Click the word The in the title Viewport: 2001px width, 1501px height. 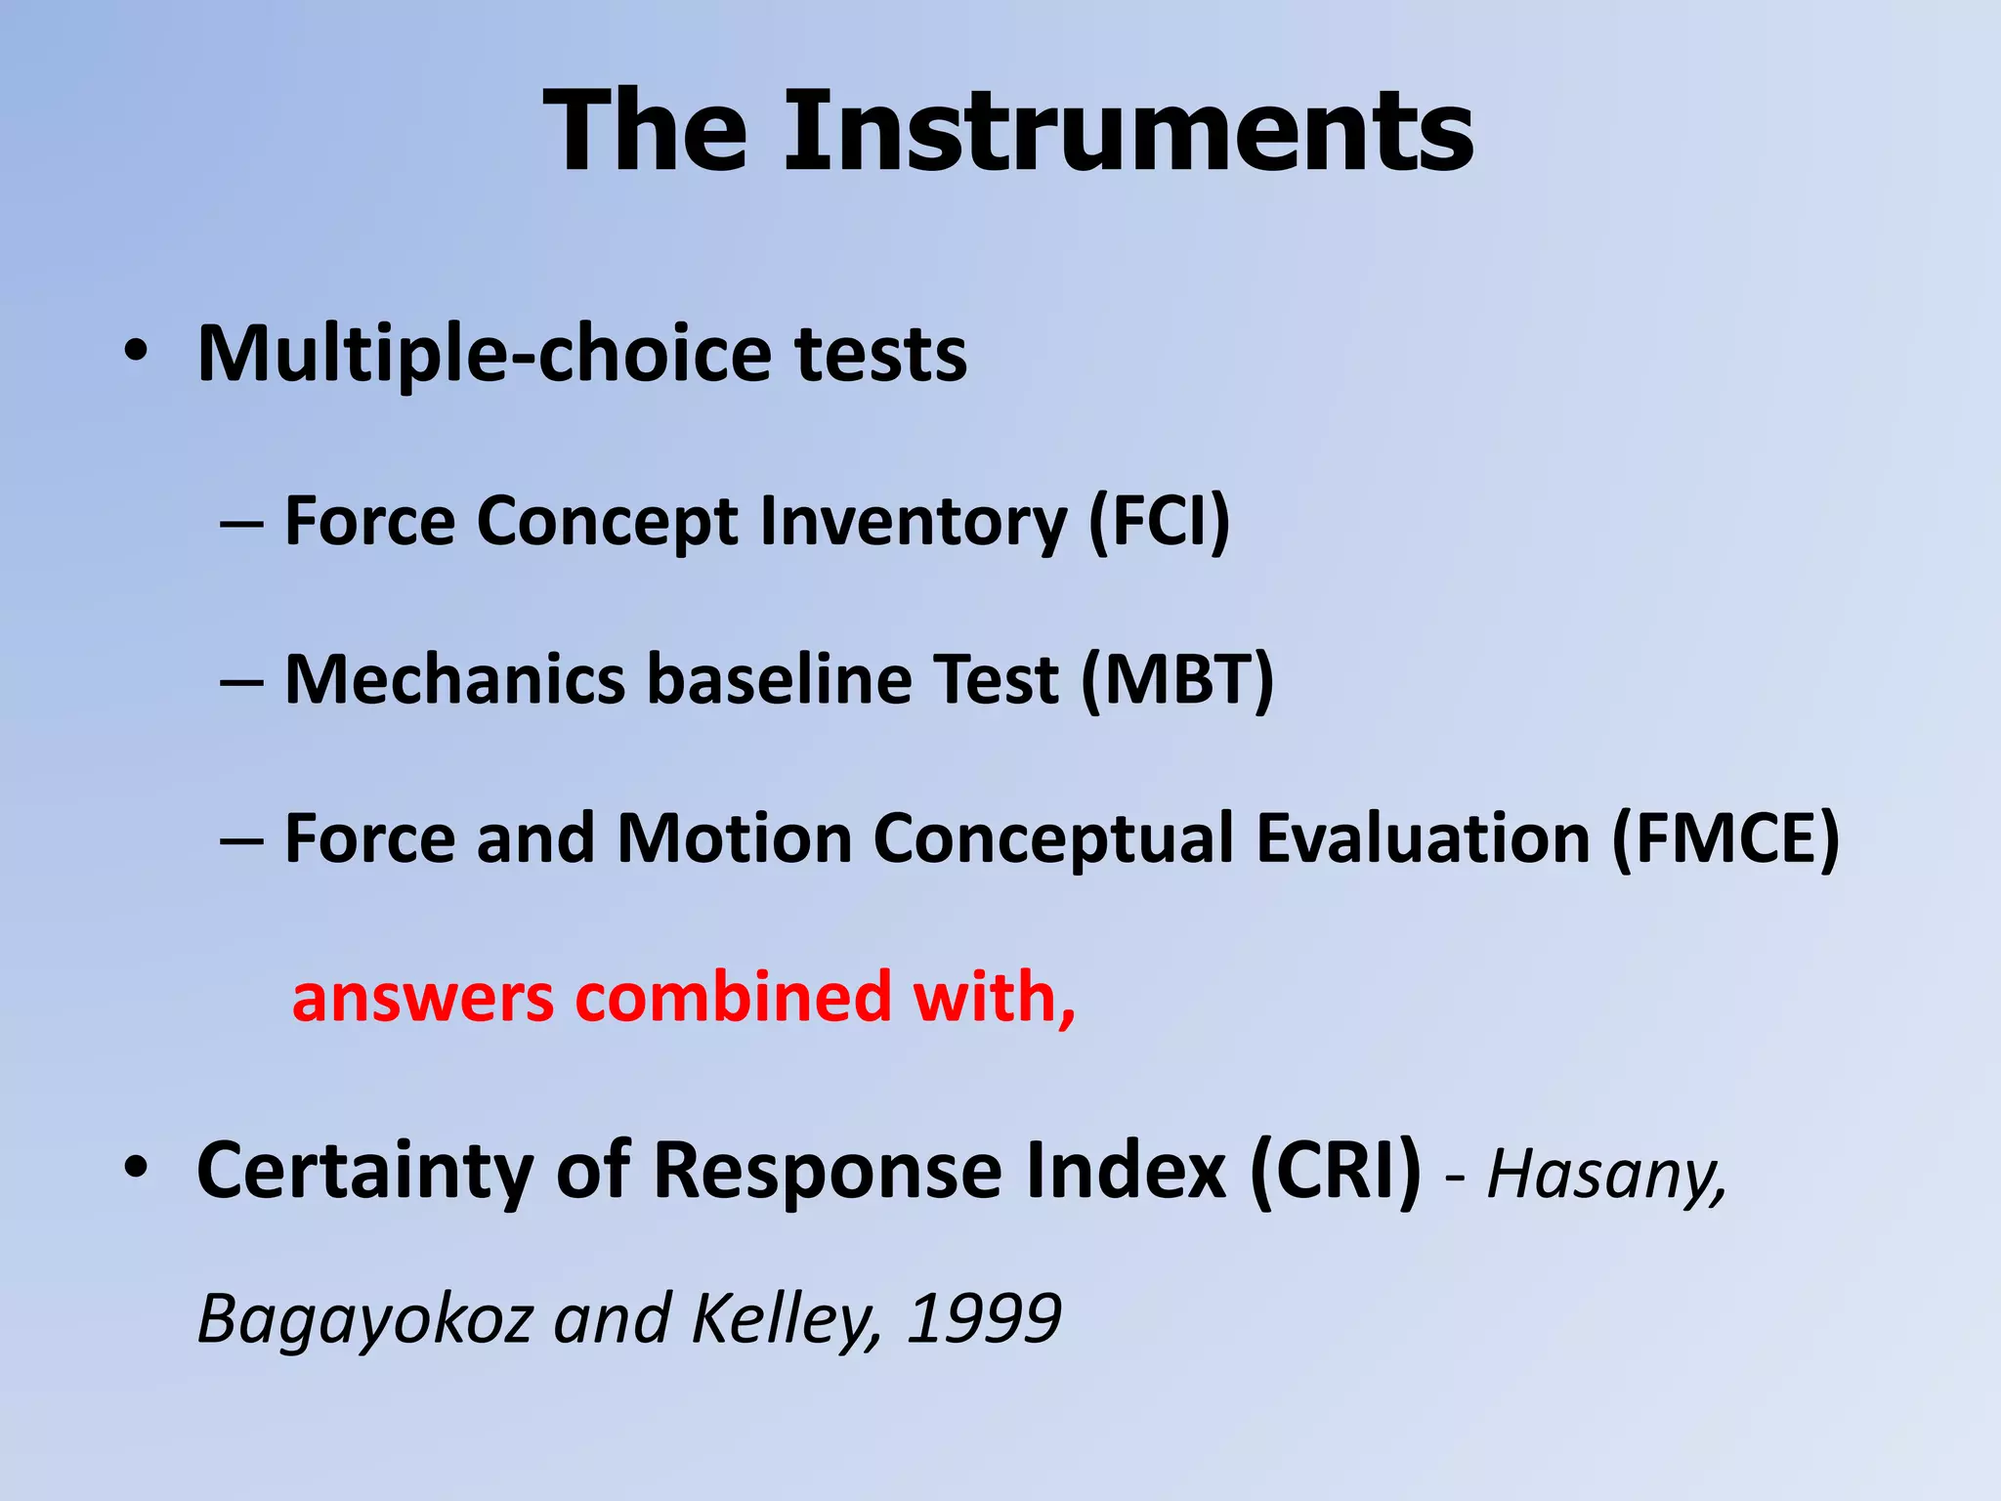pyautogui.click(x=645, y=131)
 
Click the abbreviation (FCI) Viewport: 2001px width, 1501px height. pyautogui.click(x=1159, y=521)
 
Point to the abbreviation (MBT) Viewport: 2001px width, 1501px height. pyautogui.click(x=1177, y=679)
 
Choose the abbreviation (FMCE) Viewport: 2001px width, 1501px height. pyautogui.click(x=1725, y=838)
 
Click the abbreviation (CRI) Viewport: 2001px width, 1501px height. pyautogui.click(x=1335, y=1170)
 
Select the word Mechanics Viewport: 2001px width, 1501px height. pyautogui.click(x=454, y=679)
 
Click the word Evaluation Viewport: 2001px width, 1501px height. pyautogui.click(x=1423, y=838)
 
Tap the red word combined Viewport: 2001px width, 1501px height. pyautogui.click(x=733, y=997)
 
